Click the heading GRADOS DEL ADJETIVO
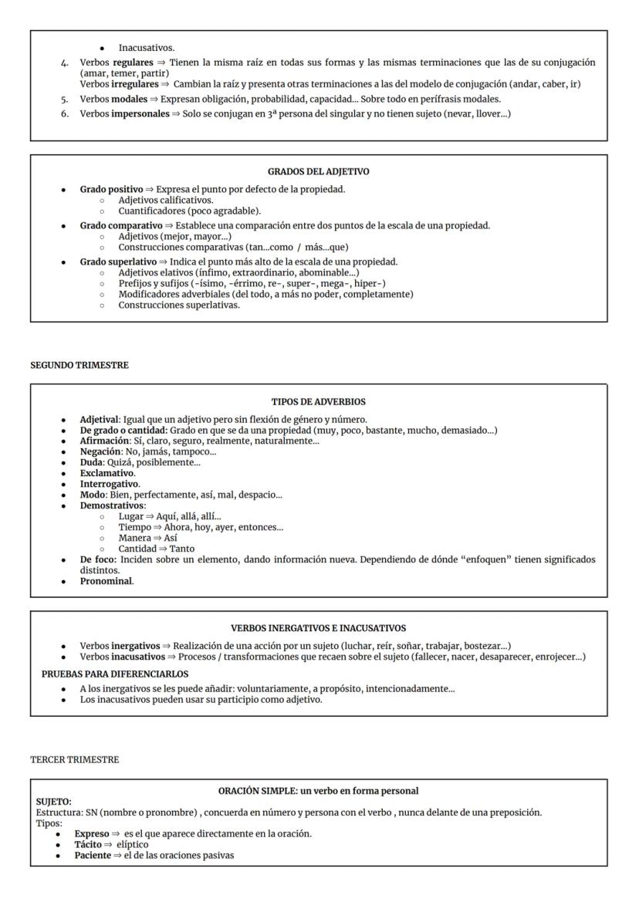[x=318, y=172]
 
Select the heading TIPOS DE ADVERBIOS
[x=318, y=402]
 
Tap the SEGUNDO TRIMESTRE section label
[x=69, y=366]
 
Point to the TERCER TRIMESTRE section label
[x=63, y=760]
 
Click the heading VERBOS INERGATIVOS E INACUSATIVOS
[x=318, y=628]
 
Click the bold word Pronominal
[x=106, y=581]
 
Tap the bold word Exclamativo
[x=107, y=473]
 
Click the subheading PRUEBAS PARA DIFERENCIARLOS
[x=115, y=674]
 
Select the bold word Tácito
[x=88, y=844]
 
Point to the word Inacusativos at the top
[x=146, y=48]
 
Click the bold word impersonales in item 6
[x=144, y=113]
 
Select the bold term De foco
[x=97, y=559]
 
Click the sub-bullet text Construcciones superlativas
[x=179, y=305]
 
